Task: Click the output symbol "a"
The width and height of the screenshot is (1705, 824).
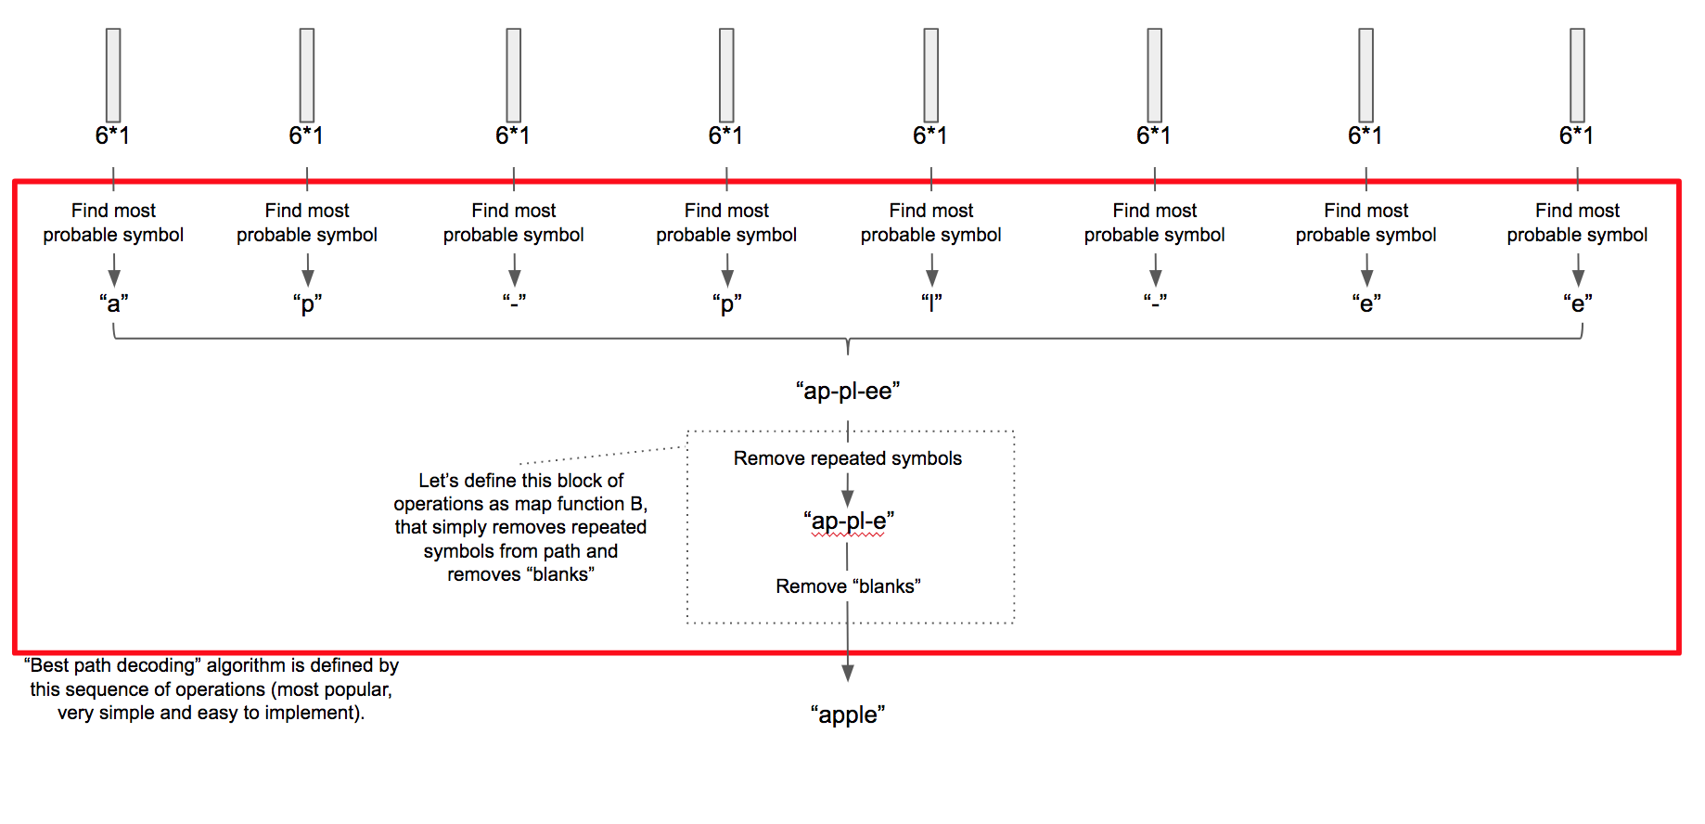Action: tap(113, 303)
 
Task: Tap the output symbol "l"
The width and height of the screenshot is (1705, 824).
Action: tap(931, 303)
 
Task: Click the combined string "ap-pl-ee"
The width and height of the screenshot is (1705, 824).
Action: tap(848, 391)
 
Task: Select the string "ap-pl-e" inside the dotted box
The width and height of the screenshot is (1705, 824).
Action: tap(848, 521)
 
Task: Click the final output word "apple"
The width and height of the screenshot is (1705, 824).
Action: tap(848, 715)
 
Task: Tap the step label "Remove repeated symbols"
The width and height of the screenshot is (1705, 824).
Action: tap(848, 458)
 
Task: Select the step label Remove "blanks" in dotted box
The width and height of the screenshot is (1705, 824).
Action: tap(848, 586)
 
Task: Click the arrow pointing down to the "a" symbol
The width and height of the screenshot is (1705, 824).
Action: tap(113, 272)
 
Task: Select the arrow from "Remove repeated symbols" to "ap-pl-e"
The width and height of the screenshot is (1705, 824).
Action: tap(848, 490)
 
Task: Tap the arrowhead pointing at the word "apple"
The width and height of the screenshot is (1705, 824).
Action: tap(848, 673)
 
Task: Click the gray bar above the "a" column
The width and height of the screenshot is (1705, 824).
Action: tap(113, 75)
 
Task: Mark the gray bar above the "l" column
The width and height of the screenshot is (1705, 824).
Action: tap(931, 75)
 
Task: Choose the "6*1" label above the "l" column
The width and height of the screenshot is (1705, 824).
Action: tap(930, 135)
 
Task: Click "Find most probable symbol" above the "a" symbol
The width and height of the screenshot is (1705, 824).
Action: tap(113, 223)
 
